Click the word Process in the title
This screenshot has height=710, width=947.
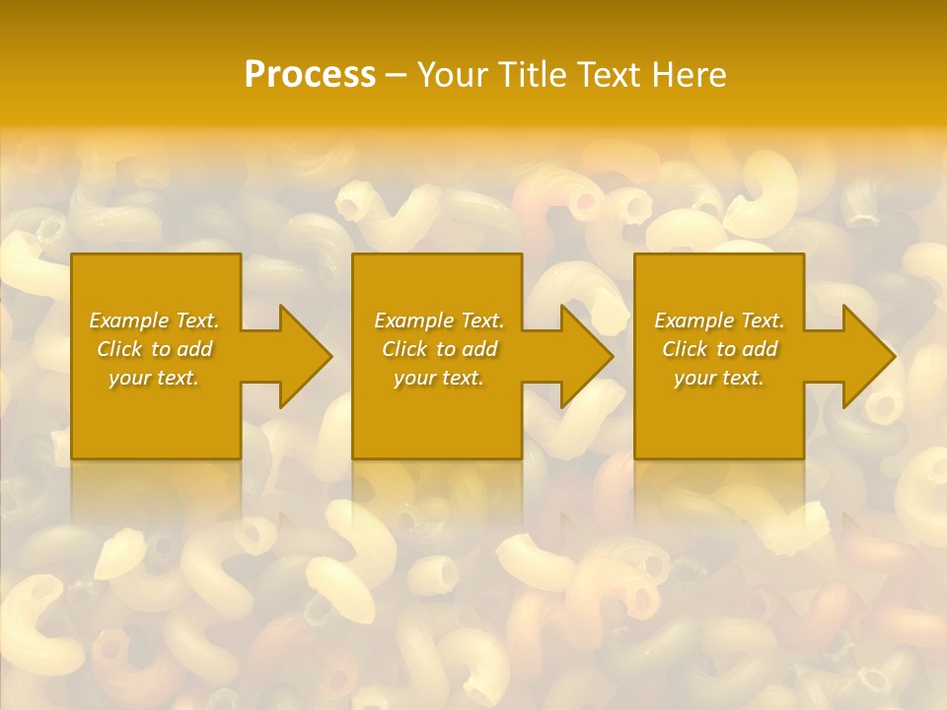coord(310,75)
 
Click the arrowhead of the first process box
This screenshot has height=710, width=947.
coord(307,356)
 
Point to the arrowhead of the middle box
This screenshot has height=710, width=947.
coord(588,356)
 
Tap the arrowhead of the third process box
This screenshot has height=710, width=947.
coord(870,356)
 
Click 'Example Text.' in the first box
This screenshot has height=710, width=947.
coord(154,320)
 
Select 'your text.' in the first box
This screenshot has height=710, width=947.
coord(154,378)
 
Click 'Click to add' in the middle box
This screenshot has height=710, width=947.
coord(439,349)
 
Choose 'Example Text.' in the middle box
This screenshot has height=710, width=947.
coord(439,320)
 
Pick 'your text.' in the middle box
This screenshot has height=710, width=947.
coord(439,378)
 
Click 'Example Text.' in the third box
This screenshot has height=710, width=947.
coord(719,320)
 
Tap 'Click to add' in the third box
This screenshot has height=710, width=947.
coord(719,349)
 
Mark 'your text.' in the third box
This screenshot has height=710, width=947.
coord(719,378)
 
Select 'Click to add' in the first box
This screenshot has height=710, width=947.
coord(154,349)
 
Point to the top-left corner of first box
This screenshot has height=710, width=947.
coord(72,254)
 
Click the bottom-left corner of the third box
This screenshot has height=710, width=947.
coord(635,458)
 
